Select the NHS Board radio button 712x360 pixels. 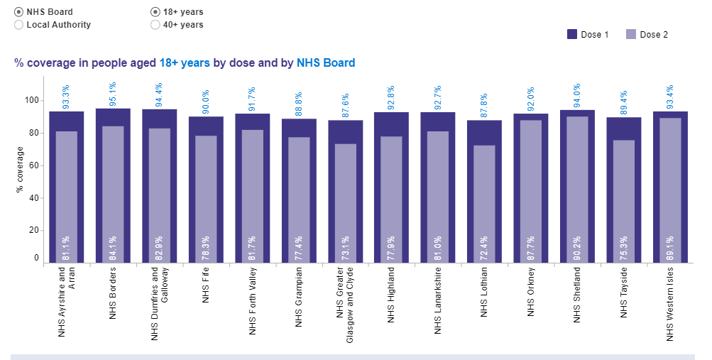pos(18,12)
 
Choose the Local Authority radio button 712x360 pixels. pos(18,25)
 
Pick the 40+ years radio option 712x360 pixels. pos(155,25)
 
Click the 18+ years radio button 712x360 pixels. pos(155,12)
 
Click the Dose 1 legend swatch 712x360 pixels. pos(572,34)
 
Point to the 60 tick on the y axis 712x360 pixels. pos(33,165)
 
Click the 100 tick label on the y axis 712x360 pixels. pos(31,100)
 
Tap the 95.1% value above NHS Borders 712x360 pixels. pos(113,95)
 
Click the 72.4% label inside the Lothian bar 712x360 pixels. pos(485,247)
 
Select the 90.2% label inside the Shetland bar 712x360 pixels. pos(578,247)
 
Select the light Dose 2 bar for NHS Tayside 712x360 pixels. pos(624,192)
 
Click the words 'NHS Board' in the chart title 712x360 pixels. pos(326,62)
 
